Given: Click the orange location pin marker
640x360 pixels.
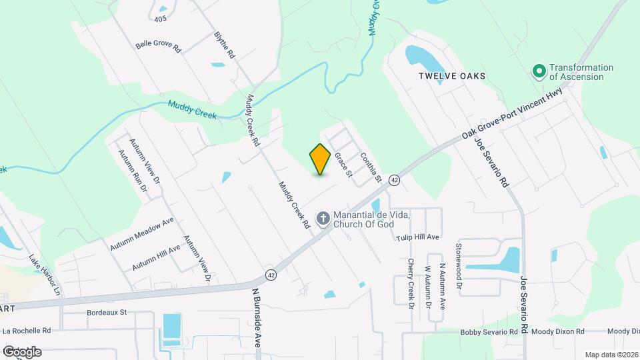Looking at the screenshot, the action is click(320, 159).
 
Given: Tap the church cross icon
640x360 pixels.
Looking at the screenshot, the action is click(323, 218).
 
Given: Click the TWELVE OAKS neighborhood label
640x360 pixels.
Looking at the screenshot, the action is click(452, 76).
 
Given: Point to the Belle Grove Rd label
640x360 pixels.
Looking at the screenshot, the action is click(159, 46).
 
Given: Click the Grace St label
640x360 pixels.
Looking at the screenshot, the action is click(343, 165).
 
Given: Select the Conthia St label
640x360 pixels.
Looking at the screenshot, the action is click(371, 167).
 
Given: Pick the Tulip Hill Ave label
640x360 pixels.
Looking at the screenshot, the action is click(417, 237).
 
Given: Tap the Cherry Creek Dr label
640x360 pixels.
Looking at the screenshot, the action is click(411, 284).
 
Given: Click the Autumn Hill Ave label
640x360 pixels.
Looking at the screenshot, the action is click(156, 257).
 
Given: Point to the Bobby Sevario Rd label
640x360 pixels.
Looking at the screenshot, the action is click(489, 331).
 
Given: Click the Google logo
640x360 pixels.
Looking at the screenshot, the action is click(22, 351).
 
